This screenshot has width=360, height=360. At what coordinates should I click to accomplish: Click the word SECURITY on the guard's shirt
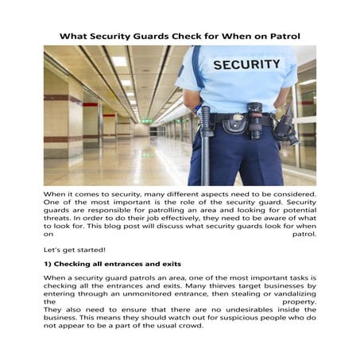(x=246, y=64)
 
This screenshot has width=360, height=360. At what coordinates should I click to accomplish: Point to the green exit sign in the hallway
(x=145, y=121)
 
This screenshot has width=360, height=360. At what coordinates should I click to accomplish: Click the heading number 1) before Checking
(x=48, y=263)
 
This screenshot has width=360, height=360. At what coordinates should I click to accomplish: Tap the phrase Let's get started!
(x=74, y=249)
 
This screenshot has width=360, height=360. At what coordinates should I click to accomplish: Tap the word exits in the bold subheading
(x=168, y=263)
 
